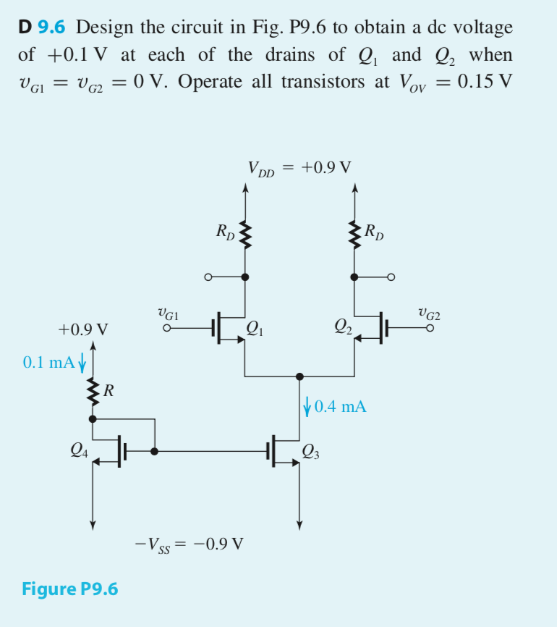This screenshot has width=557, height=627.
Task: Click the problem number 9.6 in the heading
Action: click(x=51, y=28)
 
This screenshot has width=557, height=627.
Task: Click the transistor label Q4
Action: click(x=80, y=451)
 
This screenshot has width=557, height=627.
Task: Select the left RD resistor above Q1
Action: click(x=245, y=235)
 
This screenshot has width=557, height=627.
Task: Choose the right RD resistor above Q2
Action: click(x=354, y=235)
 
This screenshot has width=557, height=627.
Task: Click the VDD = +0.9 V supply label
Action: click(x=299, y=169)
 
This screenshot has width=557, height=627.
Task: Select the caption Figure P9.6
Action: click(x=70, y=588)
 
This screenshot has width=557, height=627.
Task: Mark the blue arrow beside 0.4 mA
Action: click(x=307, y=406)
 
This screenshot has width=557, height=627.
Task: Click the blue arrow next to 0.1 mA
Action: click(x=81, y=361)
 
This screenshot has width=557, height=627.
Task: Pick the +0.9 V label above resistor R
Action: click(x=83, y=330)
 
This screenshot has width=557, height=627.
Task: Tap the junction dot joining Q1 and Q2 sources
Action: click(x=300, y=376)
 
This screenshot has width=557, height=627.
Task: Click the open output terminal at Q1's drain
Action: click(x=209, y=277)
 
